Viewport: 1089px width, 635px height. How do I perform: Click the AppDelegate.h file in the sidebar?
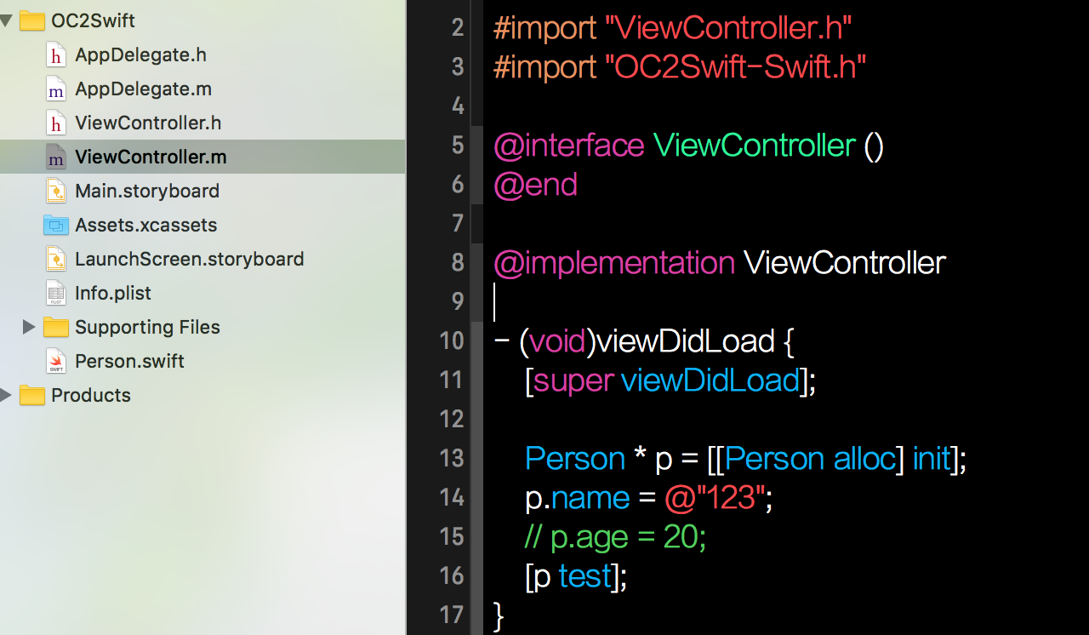click(140, 55)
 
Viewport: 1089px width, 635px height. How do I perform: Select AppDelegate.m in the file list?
click(143, 89)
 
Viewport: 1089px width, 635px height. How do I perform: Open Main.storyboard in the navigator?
click(146, 192)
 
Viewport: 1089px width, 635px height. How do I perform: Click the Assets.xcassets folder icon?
click(55, 226)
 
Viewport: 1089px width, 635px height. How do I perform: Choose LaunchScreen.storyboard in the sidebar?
click(189, 260)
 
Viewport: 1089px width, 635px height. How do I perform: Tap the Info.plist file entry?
click(112, 294)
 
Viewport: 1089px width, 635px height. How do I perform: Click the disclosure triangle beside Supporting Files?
click(28, 327)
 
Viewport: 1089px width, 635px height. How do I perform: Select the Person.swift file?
click(129, 362)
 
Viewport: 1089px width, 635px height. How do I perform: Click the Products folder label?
click(91, 396)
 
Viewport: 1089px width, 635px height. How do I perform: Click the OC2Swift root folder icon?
click(32, 20)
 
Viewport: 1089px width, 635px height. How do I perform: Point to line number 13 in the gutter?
click(452, 458)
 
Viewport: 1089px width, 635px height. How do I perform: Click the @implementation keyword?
click(614, 263)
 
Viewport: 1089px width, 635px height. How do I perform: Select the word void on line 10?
click(557, 341)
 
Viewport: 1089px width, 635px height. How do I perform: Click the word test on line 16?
click(585, 576)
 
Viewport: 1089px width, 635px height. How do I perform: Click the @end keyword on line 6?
click(535, 185)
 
